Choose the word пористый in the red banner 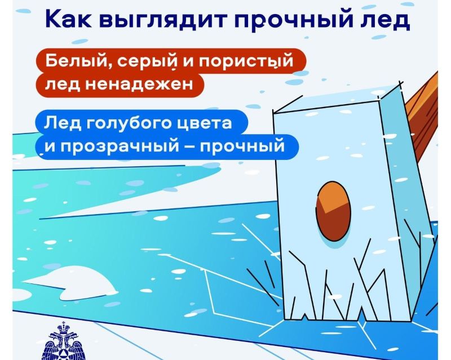[x=246, y=62]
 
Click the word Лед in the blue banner [x=62, y=123]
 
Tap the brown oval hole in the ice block [x=333, y=211]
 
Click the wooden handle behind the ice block [x=422, y=115]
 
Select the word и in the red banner [x=188, y=63]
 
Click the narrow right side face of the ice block [x=408, y=201]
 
